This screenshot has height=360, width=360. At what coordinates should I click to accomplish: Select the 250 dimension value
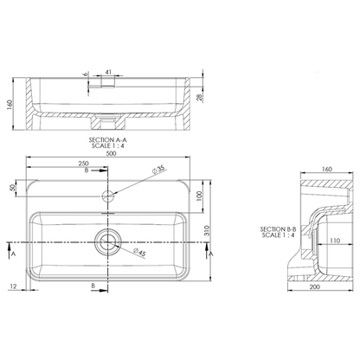84,164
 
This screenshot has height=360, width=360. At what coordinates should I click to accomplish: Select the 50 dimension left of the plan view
12,188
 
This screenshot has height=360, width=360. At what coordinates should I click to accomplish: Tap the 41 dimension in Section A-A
108,73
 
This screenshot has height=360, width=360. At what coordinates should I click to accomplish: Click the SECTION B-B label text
278,229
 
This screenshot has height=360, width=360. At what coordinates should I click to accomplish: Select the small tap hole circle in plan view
110,194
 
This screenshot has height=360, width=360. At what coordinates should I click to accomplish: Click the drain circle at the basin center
110,241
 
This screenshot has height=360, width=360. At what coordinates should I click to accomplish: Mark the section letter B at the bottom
93,284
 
